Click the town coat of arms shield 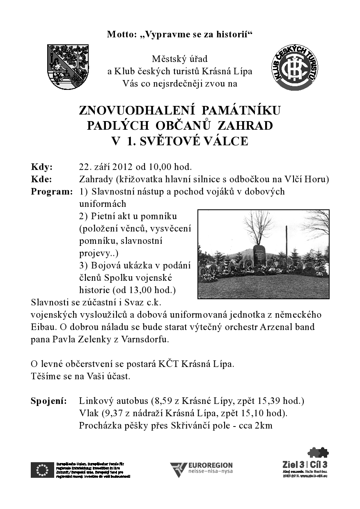pyautogui.click(x=68, y=67)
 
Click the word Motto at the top pyautogui.click(x=119, y=34)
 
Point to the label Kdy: pyautogui.click(x=42, y=167)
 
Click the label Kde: pyautogui.click(x=41, y=179)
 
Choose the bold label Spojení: pyautogui.click(x=49, y=401)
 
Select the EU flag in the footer pyautogui.click(x=42, y=470)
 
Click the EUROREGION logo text pyautogui.click(x=211, y=465)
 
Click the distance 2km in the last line pyautogui.click(x=264, y=426)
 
